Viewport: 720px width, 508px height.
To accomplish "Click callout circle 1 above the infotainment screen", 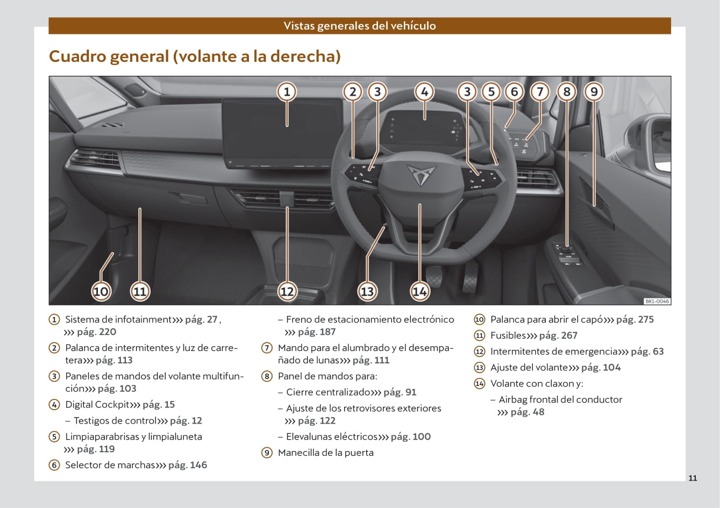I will pos(287,92).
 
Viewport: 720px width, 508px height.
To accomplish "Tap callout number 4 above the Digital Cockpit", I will pos(424,92).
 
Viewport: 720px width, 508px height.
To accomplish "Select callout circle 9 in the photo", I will pos(594,92).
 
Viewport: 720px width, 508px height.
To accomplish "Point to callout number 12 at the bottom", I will pos(287,291).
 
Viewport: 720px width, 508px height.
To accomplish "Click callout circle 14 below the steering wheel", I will pos(419,291).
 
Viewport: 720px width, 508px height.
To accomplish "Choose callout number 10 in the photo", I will pos(101,291).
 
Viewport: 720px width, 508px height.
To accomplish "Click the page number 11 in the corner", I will pos(693,478).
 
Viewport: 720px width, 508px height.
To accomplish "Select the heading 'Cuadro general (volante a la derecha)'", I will pos(195,56).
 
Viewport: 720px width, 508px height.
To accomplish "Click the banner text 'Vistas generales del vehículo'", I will pos(360,26).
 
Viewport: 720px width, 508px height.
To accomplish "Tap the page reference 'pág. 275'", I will pos(635,319).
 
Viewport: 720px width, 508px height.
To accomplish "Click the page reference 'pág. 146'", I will pos(188,465).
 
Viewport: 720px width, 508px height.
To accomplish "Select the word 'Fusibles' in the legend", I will pos(508,335).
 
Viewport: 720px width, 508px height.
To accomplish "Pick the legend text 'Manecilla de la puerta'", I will pos(325,453).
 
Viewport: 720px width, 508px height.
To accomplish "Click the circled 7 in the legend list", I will pos(267,348).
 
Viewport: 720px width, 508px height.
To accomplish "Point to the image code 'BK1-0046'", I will pos(657,302).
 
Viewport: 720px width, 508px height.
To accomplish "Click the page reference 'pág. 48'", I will pos(527,412).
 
